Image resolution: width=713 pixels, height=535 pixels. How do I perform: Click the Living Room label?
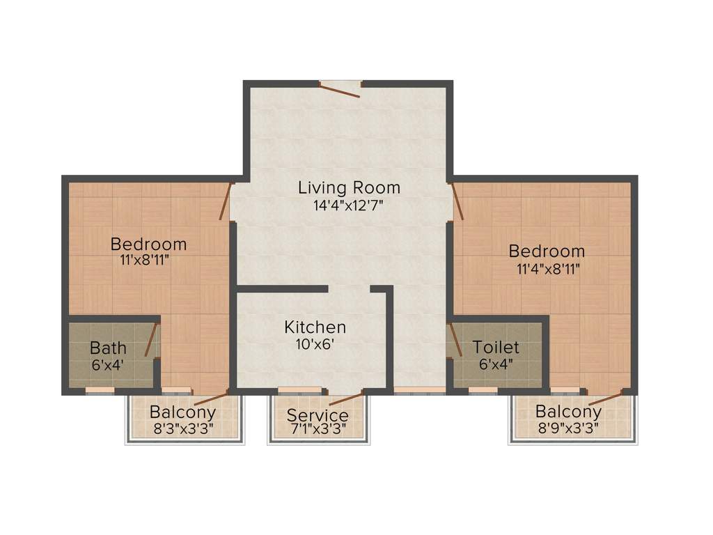[349, 187]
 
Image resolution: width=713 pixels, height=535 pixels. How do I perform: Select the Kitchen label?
[315, 327]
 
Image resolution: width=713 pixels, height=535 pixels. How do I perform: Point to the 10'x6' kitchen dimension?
[315, 343]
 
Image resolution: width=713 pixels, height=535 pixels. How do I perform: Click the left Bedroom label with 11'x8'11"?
[148, 245]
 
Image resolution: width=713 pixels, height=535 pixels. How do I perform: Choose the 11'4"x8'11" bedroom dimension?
[547, 268]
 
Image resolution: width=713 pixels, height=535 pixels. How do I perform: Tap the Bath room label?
[108, 348]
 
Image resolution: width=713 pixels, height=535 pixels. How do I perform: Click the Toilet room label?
[496, 347]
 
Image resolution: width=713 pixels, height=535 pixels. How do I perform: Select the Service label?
[318, 416]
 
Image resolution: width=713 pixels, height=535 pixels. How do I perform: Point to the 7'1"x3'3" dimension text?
[318, 430]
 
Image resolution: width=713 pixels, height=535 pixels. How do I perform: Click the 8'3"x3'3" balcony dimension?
[182, 428]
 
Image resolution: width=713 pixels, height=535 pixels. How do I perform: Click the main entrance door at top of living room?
[340, 89]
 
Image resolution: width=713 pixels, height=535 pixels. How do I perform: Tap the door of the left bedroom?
[225, 201]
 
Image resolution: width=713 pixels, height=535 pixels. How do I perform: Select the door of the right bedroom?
[457, 201]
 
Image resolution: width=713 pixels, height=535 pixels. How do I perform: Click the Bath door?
[150, 340]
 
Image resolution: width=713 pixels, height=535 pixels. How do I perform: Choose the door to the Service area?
[346, 398]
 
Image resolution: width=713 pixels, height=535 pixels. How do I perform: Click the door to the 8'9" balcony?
[605, 398]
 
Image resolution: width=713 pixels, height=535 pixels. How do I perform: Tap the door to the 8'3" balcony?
[210, 399]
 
